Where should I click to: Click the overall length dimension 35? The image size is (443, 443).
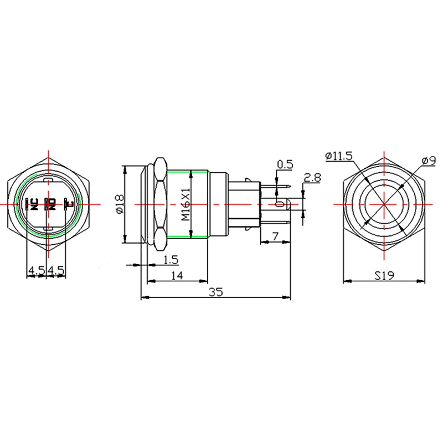pyautogui.click(x=216, y=292)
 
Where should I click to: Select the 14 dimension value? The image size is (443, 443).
pyautogui.click(x=177, y=275)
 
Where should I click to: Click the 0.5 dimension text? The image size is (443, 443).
pyautogui.click(x=285, y=164)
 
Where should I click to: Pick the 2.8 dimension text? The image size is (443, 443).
pyautogui.click(x=313, y=178)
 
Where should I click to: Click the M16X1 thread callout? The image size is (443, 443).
pyautogui.click(x=186, y=204)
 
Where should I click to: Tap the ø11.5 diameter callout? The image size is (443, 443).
pyautogui.click(x=339, y=157)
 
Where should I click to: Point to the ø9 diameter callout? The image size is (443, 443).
pyautogui.click(x=426, y=160)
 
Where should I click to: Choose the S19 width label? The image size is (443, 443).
pyautogui.click(x=384, y=275)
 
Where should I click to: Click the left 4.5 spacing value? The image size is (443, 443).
pyautogui.click(x=37, y=271)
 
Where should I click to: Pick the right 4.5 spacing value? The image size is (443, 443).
pyautogui.click(x=57, y=271)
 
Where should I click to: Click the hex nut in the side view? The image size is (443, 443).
pyautogui.click(x=159, y=204)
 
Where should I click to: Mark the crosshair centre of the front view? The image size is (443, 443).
pyautogui.click(x=384, y=204)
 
